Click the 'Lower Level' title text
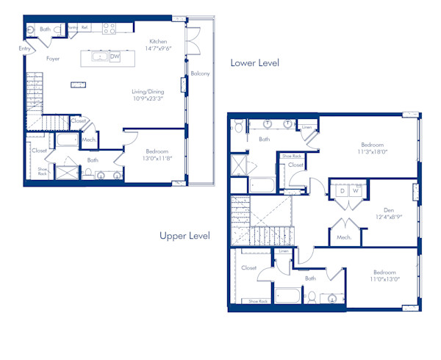point(254,63)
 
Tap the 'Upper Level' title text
point(184,236)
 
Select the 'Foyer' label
point(53,59)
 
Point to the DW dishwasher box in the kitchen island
point(115,58)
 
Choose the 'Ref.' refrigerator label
point(85,27)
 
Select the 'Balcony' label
point(200,73)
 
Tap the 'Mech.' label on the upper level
point(343,237)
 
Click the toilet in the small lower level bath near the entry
point(30,30)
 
